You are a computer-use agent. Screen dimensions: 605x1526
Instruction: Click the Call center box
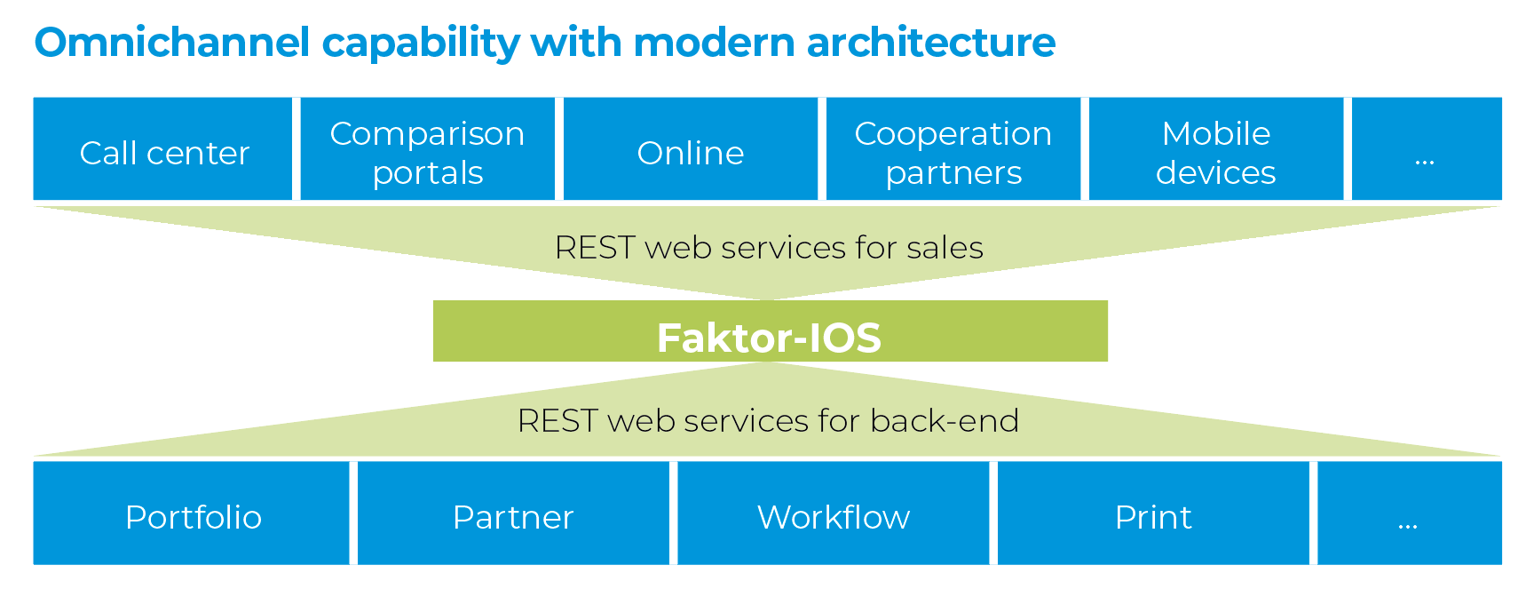[x=163, y=149]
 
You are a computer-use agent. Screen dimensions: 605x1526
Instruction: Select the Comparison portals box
[x=427, y=149]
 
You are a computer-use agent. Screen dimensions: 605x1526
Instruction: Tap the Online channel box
[x=690, y=149]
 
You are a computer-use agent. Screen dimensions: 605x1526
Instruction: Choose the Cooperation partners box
[x=953, y=149]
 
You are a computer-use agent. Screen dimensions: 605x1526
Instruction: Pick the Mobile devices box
[x=1215, y=149]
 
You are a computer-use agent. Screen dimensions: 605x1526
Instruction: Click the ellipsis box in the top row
[x=1426, y=149]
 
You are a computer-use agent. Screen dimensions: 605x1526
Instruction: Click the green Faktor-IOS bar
[x=770, y=331]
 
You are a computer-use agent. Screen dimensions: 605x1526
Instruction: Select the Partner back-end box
[x=513, y=513]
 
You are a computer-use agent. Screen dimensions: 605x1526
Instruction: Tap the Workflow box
[x=833, y=513]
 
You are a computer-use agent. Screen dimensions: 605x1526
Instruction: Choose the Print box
[x=1153, y=513]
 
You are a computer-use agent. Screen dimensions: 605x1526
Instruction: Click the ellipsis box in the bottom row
[x=1409, y=513]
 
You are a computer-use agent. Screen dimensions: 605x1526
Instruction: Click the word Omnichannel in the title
[x=172, y=42]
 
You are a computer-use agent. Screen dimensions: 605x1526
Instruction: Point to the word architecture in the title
[x=931, y=42]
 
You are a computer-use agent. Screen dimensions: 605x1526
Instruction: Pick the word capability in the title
[x=421, y=44]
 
